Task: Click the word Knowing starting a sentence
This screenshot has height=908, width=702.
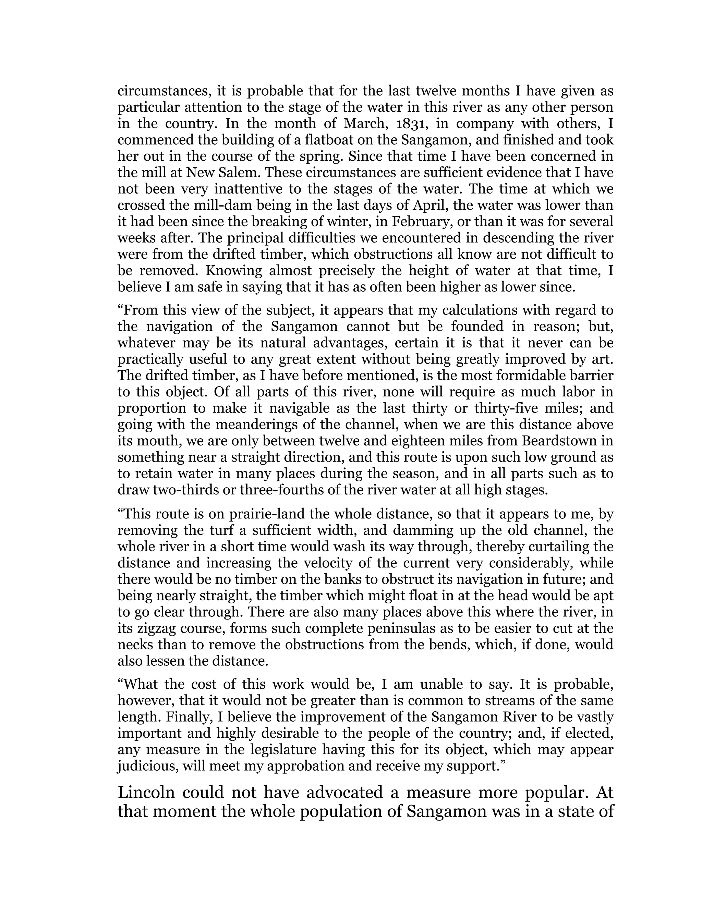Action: (233, 271)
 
